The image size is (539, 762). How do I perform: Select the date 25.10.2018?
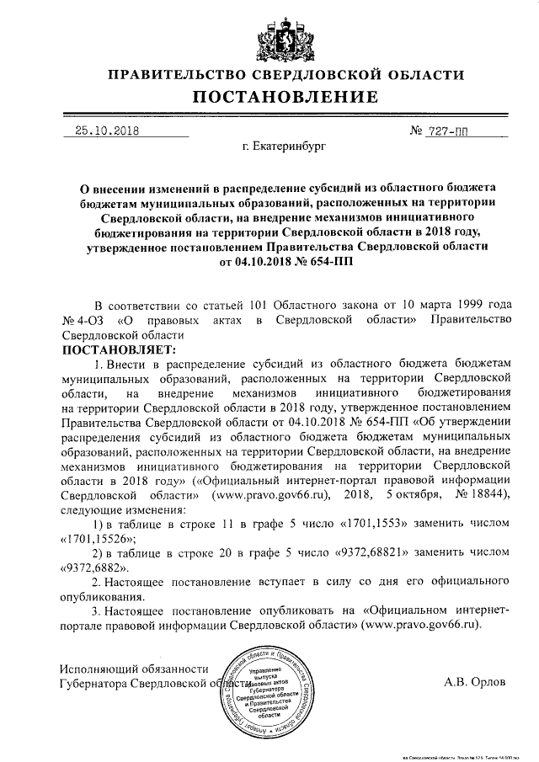107,131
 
